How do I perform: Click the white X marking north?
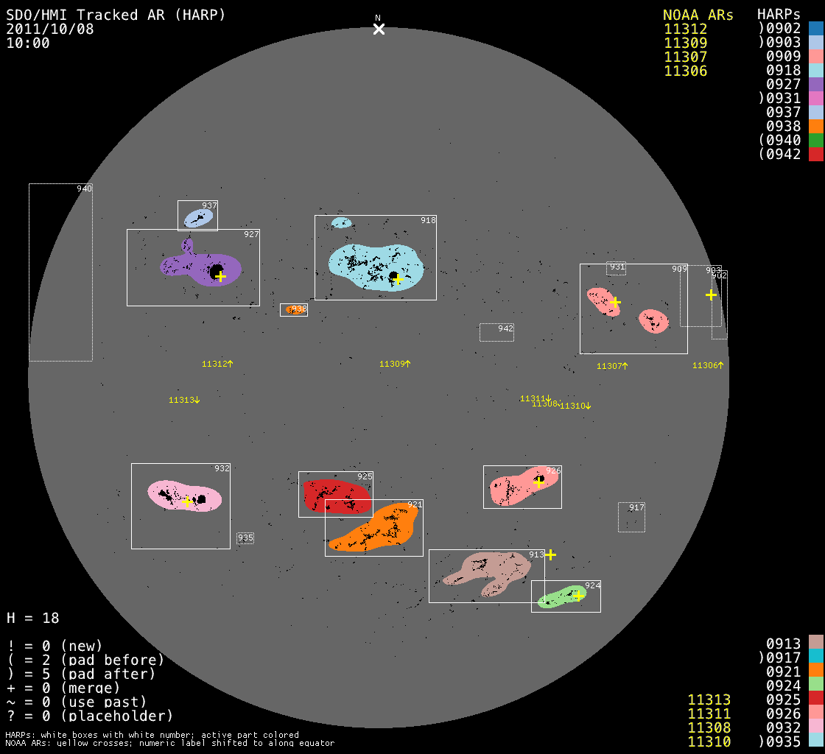tap(379, 29)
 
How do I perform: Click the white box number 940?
tap(84, 189)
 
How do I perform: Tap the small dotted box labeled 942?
tap(496, 332)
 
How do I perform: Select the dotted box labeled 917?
tap(631, 517)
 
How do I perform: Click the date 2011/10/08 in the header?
tap(50, 29)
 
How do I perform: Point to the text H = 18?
tap(32, 618)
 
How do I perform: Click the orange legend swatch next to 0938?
tap(815, 126)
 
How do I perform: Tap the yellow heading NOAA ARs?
tap(698, 15)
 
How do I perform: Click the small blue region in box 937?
tap(198, 217)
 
